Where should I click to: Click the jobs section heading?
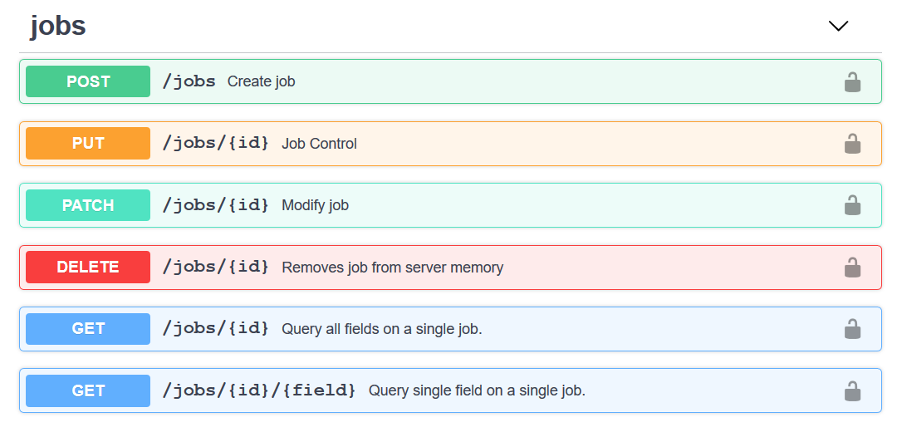[x=58, y=27]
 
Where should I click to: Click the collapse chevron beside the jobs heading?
[x=838, y=27]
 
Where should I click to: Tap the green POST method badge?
[x=88, y=81]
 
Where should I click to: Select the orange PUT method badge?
[x=88, y=143]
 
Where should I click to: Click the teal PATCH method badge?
[x=88, y=205]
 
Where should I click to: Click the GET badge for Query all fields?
[x=88, y=329]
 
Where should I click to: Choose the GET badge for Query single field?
[x=88, y=390]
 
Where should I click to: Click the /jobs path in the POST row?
[x=189, y=81]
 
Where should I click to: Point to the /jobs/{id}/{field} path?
[x=259, y=390]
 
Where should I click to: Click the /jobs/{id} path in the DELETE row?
[x=216, y=268]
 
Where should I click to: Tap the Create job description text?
[x=261, y=81]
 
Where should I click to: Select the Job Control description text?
[x=319, y=144]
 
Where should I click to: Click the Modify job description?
[x=315, y=205]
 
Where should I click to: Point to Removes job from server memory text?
[x=392, y=268]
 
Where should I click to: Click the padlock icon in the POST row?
[x=852, y=81]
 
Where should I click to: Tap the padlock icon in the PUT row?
[x=852, y=143]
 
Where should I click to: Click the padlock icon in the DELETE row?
[x=852, y=267]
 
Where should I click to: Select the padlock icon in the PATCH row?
[x=852, y=204]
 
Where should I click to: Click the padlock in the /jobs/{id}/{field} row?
[x=852, y=390]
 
